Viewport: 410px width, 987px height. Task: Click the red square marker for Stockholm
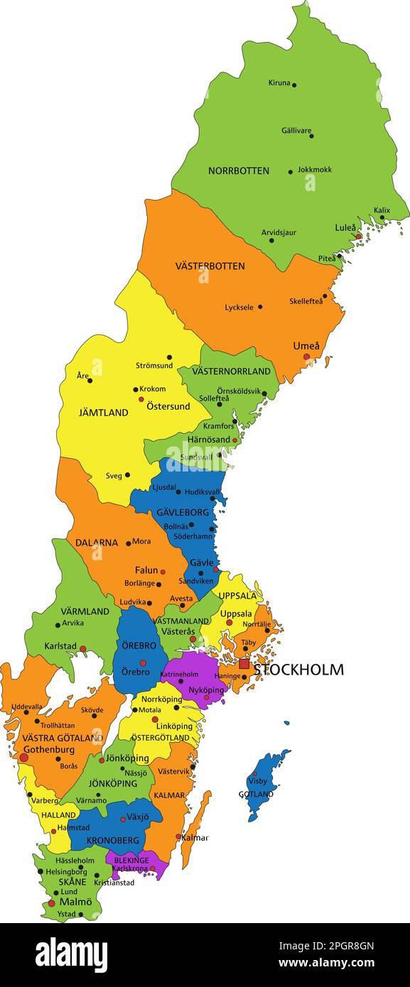[244, 664]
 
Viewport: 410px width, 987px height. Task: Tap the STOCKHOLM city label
[298, 670]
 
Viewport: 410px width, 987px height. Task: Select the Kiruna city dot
[294, 84]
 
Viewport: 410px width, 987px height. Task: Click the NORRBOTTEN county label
[238, 171]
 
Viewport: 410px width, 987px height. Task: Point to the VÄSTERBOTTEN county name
[210, 266]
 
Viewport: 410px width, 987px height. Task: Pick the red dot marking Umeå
[307, 357]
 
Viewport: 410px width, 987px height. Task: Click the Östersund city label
[168, 406]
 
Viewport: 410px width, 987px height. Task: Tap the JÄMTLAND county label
[104, 413]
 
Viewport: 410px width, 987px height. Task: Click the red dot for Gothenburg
[23, 758]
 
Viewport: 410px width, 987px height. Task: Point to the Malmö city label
[75, 902]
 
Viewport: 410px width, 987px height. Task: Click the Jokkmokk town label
[314, 170]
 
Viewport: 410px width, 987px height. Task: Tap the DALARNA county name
[97, 542]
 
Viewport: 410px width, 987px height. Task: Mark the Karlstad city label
[60, 647]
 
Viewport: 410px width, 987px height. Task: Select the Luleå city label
[345, 228]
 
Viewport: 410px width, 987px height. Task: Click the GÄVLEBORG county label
[183, 512]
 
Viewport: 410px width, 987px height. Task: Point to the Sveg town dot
[127, 475]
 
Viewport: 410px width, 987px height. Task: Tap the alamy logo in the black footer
[71, 954]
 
